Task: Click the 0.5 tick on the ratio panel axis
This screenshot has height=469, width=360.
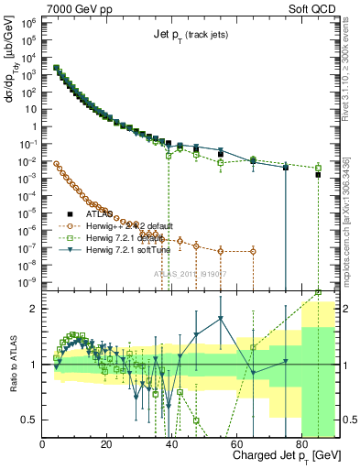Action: pos(30,420)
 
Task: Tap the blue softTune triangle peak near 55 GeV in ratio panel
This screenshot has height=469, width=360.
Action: pos(221,319)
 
